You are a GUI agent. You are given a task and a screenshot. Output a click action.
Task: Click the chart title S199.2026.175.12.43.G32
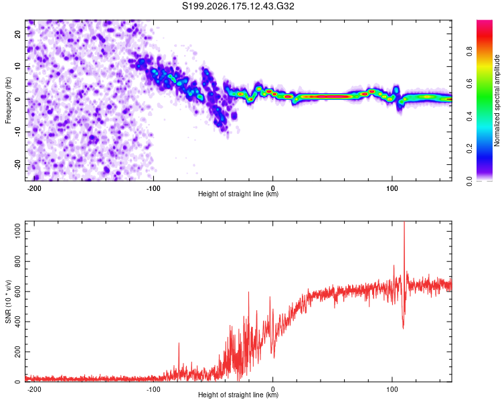pyautogui.click(x=238, y=6)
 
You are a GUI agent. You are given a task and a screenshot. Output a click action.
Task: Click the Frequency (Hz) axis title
pyautogui.click(x=8, y=100)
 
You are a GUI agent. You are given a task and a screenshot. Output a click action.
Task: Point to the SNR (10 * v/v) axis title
pyautogui.click(x=8, y=301)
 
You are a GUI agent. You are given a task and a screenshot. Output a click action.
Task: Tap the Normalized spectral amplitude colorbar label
pyautogui.click(x=497, y=100)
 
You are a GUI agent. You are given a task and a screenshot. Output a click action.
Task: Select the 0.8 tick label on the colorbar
pyautogui.click(x=469, y=52)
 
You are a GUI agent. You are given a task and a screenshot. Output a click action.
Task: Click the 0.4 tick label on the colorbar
pyautogui.click(x=469, y=117)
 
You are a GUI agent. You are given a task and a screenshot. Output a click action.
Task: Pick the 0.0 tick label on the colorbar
pyautogui.click(x=469, y=182)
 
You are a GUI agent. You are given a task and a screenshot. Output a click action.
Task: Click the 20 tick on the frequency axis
pyautogui.click(x=17, y=34)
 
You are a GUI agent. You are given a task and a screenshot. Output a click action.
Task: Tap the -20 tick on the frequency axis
pyautogui.click(x=17, y=165)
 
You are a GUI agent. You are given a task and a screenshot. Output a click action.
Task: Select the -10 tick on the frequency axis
pyautogui.click(x=17, y=132)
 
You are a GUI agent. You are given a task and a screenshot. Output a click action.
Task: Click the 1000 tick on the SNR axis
pyautogui.click(x=17, y=231)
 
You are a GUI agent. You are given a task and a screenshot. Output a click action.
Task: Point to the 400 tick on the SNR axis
pyautogui.click(x=17, y=322)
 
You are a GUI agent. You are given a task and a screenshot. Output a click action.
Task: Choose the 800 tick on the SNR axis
pyautogui.click(x=17, y=261)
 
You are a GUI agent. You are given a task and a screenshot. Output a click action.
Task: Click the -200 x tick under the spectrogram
pyautogui.click(x=33, y=188)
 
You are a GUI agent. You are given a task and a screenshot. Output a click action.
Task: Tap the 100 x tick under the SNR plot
pyautogui.click(x=392, y=389)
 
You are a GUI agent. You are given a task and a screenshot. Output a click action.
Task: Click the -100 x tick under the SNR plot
pyautogui.click(x=153, y=389)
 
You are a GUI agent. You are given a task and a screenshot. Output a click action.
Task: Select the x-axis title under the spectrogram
pyautogui.click(x=238, y=194)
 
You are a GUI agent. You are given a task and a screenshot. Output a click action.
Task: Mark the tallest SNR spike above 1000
pyautogui.click(x=404, y=222)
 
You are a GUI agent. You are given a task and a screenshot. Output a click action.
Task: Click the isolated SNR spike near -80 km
pyautogui.click(x=179, y=344)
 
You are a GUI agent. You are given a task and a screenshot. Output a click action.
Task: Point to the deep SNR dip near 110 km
pyautogui.click(x=403, y=327)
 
